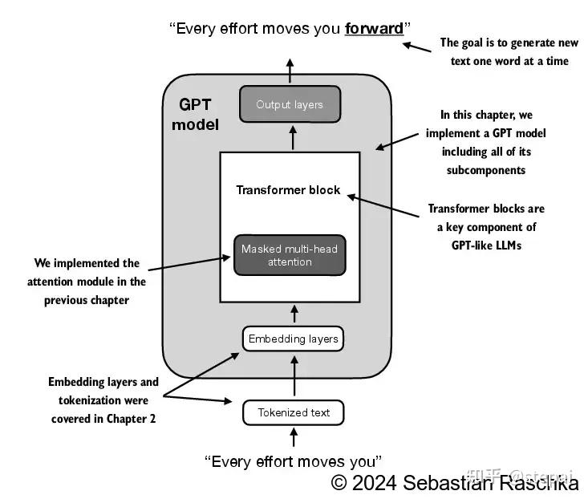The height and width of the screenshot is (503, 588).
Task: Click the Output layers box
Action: [290, 104]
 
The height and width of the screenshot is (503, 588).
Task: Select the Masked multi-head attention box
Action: [290, 255]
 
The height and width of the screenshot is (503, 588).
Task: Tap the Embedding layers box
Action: [293, 339]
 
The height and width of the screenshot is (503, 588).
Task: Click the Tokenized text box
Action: [293, 412]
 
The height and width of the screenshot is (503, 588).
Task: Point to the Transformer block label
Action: [288, 190]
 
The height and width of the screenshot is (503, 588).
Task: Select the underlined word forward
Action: [374, 29]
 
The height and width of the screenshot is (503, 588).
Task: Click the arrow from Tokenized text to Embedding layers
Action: [293, 375]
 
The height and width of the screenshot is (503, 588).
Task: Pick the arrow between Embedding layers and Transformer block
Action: [293, 313]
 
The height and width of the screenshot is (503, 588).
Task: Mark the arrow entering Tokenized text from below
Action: [293, 436]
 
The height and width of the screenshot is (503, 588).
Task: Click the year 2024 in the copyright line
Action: [375, 483]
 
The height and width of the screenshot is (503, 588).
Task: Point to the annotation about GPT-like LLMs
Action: [486, 227]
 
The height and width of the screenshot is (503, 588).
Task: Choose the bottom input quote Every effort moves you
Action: [293, 461]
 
